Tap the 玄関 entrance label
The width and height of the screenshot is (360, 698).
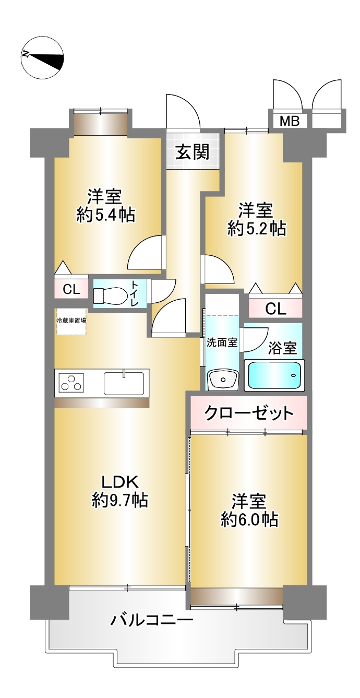click(x=192, y=152)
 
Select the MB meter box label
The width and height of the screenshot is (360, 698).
click(x=289, y=121)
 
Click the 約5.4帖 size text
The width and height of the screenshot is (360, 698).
click(x=105, y=215)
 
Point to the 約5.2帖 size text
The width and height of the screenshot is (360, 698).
click(x=257, y=228)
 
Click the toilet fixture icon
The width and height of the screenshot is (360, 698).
click(x=110, y=295)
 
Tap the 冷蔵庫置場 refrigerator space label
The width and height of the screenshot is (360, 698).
click(x=71, y=320)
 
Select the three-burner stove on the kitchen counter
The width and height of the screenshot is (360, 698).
click(x=73, y=382)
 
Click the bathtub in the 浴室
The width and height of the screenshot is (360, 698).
click(x=274, y=375)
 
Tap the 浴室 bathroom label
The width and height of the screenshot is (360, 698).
click(x=282, y=348)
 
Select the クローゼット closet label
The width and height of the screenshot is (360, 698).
click(x=248, y=413)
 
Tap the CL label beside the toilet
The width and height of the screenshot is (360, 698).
click(x=71, y=290)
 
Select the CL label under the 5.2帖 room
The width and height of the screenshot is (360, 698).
click(x=275, y=309)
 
